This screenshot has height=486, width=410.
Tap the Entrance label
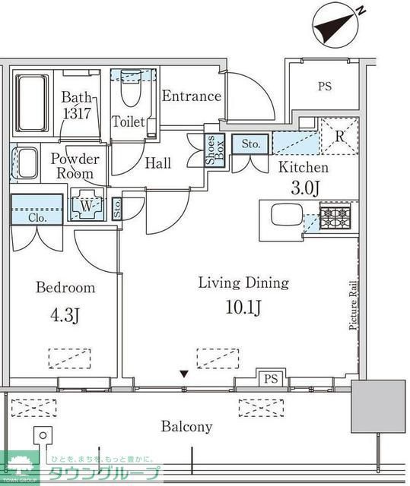coord(191,96)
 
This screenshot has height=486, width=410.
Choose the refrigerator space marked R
coord(338,137)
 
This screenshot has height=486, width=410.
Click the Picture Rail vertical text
coord(353,304)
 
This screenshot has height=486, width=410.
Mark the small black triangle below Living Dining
coord(183,374)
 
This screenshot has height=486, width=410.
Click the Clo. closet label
coord(37,217)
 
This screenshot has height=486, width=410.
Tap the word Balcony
coord(186,427)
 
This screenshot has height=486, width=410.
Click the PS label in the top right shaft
coord(325,86)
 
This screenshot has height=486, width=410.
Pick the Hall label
coord(157,163)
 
